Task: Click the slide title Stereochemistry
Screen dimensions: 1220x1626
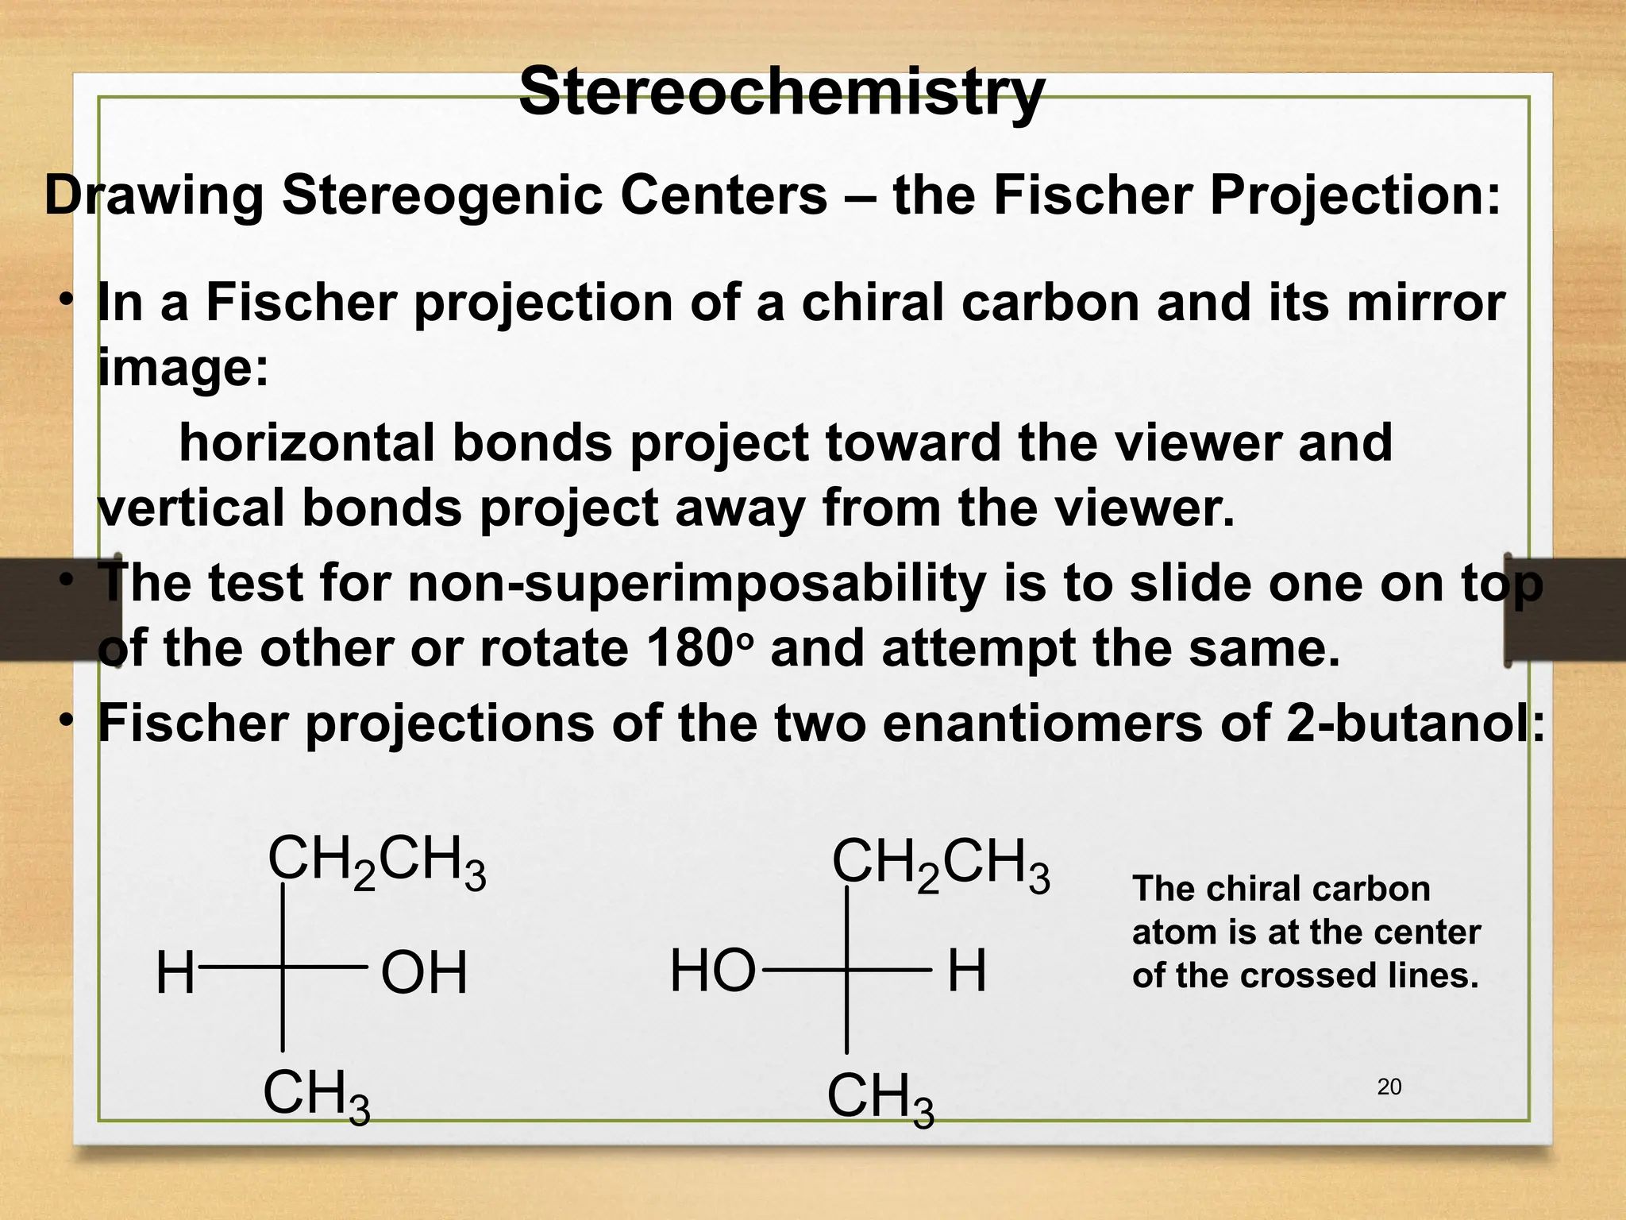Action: [781, 92]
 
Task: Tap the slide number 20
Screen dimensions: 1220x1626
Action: [1389, 1087]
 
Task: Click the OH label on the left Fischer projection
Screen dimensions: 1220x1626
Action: [424, 974]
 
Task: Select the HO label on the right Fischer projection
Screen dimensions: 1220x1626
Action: [712, 972]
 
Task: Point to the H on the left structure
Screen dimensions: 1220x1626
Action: [175, 974]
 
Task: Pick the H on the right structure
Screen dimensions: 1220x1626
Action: [966, 972]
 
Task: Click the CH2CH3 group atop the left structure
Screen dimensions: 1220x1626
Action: [376, 862]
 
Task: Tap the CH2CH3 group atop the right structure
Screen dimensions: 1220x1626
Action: [940, 865]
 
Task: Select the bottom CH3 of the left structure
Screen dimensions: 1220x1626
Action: [316, 1096]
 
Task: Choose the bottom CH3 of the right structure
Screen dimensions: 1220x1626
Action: [880, 1099]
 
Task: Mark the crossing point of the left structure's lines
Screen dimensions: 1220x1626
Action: [283, 967]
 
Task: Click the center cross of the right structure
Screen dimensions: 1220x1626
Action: [847, 970]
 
